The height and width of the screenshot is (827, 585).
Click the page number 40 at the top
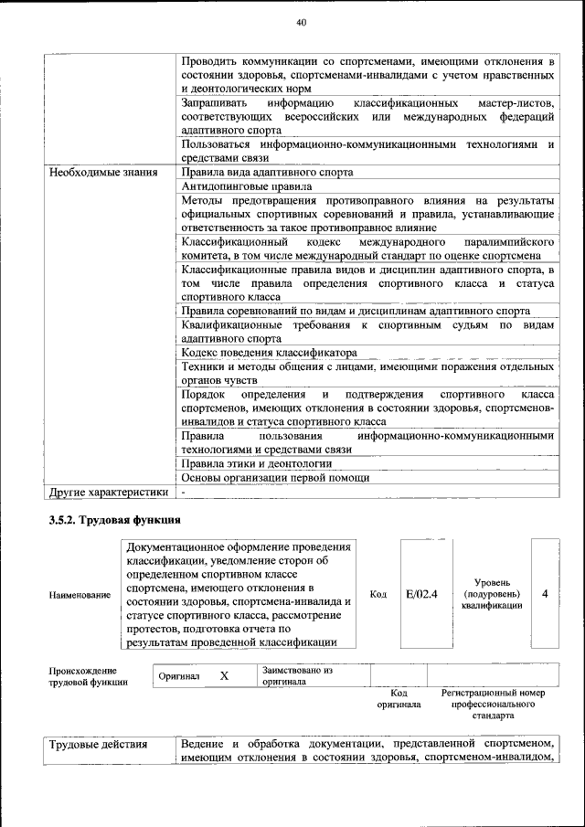[x=301, y=23]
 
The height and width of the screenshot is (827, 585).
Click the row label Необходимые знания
[x=103, y=172]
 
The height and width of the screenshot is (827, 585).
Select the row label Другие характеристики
[x=109, y=492]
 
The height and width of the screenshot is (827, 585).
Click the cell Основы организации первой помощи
[x=275, y=477]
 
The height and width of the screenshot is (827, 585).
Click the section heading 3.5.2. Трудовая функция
[x=107, y=522]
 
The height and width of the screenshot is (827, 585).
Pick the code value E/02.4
[x=421, y=594]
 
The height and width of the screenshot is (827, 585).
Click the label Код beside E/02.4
[x=378, y=594]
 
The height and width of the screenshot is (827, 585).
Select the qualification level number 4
[x=545, y=594]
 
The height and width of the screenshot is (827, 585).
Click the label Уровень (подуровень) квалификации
[x=492, y=594]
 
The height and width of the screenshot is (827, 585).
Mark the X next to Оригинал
[x=224, y=676]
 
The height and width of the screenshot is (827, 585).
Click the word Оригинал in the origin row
[x=179, y=677]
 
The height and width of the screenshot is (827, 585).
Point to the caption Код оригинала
[x=398, y=699]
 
